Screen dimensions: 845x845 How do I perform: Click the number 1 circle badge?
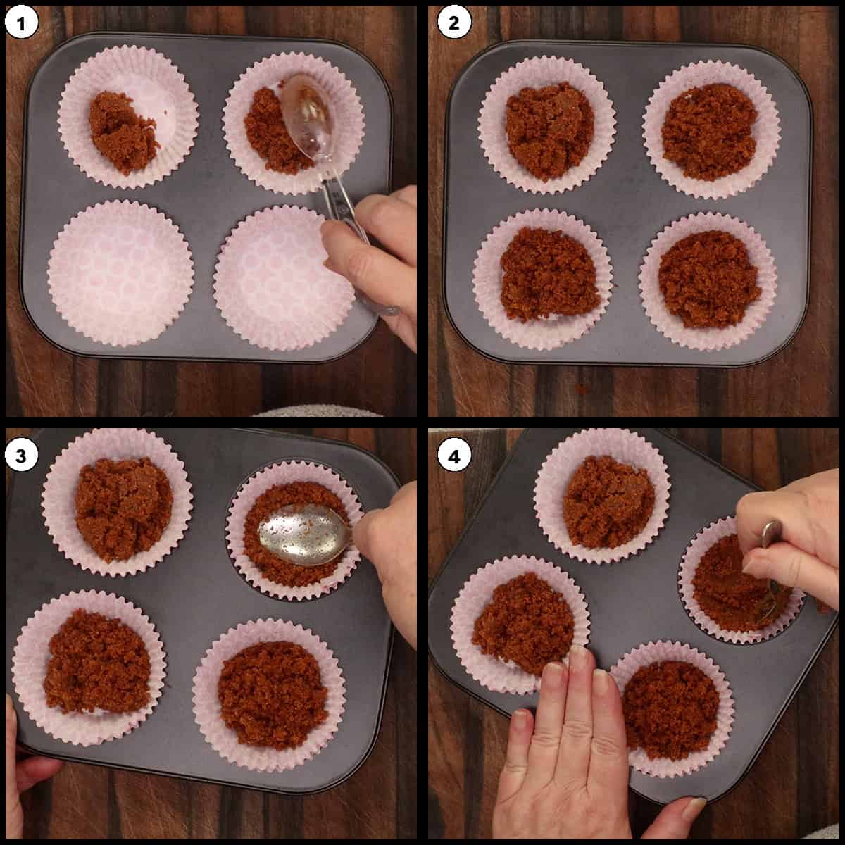click(22, 25)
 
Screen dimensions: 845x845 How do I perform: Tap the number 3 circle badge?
click(22, 456)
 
